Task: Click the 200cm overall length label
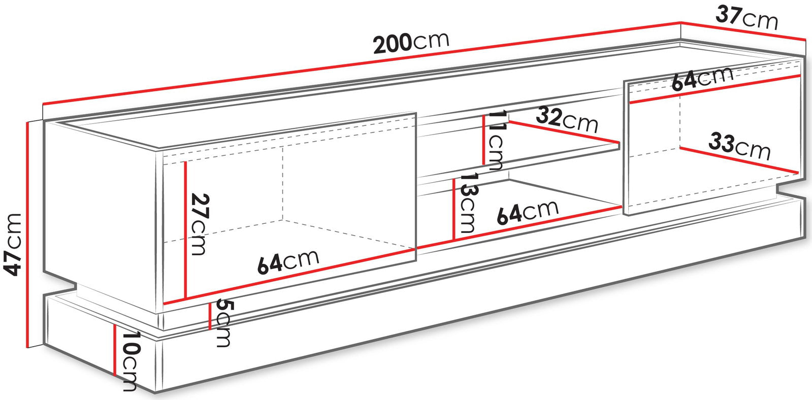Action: [x=411, y=43]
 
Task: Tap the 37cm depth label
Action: [x=748, y=18]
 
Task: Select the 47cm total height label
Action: [x=12, y=245]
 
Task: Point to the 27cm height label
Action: [x=200, y=224]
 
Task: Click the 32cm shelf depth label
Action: [x=567, y=119]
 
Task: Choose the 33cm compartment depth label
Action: [x=739, y=146]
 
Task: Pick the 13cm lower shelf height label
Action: [x=467, y=203]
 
